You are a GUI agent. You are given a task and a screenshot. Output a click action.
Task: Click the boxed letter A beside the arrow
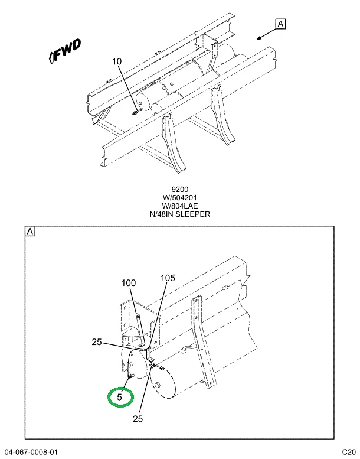tap(280, 24)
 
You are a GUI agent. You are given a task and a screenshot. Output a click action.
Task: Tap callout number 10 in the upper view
tap(117, 61)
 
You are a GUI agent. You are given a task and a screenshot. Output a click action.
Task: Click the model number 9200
tap(180, 190)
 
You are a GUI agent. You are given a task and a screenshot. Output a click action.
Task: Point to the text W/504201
tap(180, 197)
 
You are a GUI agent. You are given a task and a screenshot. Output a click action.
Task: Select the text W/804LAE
tap(180, 206)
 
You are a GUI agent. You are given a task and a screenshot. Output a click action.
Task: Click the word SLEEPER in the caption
tap(193, 214)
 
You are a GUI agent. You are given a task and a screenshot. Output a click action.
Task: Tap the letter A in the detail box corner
tap(30, 232)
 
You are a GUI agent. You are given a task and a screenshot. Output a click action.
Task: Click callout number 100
tap(129, 283)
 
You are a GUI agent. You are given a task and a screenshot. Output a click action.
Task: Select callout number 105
tap(168, 278)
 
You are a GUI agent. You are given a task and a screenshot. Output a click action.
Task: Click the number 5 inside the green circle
tap(119, 397)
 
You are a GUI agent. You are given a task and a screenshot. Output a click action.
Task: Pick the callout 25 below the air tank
tap(138, 419)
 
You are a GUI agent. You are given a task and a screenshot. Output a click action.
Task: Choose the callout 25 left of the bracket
tap(97, 342)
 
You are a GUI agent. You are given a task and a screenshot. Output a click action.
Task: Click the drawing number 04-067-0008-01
tap(32, 452)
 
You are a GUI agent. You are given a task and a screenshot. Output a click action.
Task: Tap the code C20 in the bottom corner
tap(349, 452)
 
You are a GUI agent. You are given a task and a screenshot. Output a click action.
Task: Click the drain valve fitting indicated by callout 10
tap(135, 112)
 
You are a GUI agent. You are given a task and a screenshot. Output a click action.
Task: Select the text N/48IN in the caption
tap(162, 214)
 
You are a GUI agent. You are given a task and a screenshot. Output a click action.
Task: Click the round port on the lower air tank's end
tap(158, 385)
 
